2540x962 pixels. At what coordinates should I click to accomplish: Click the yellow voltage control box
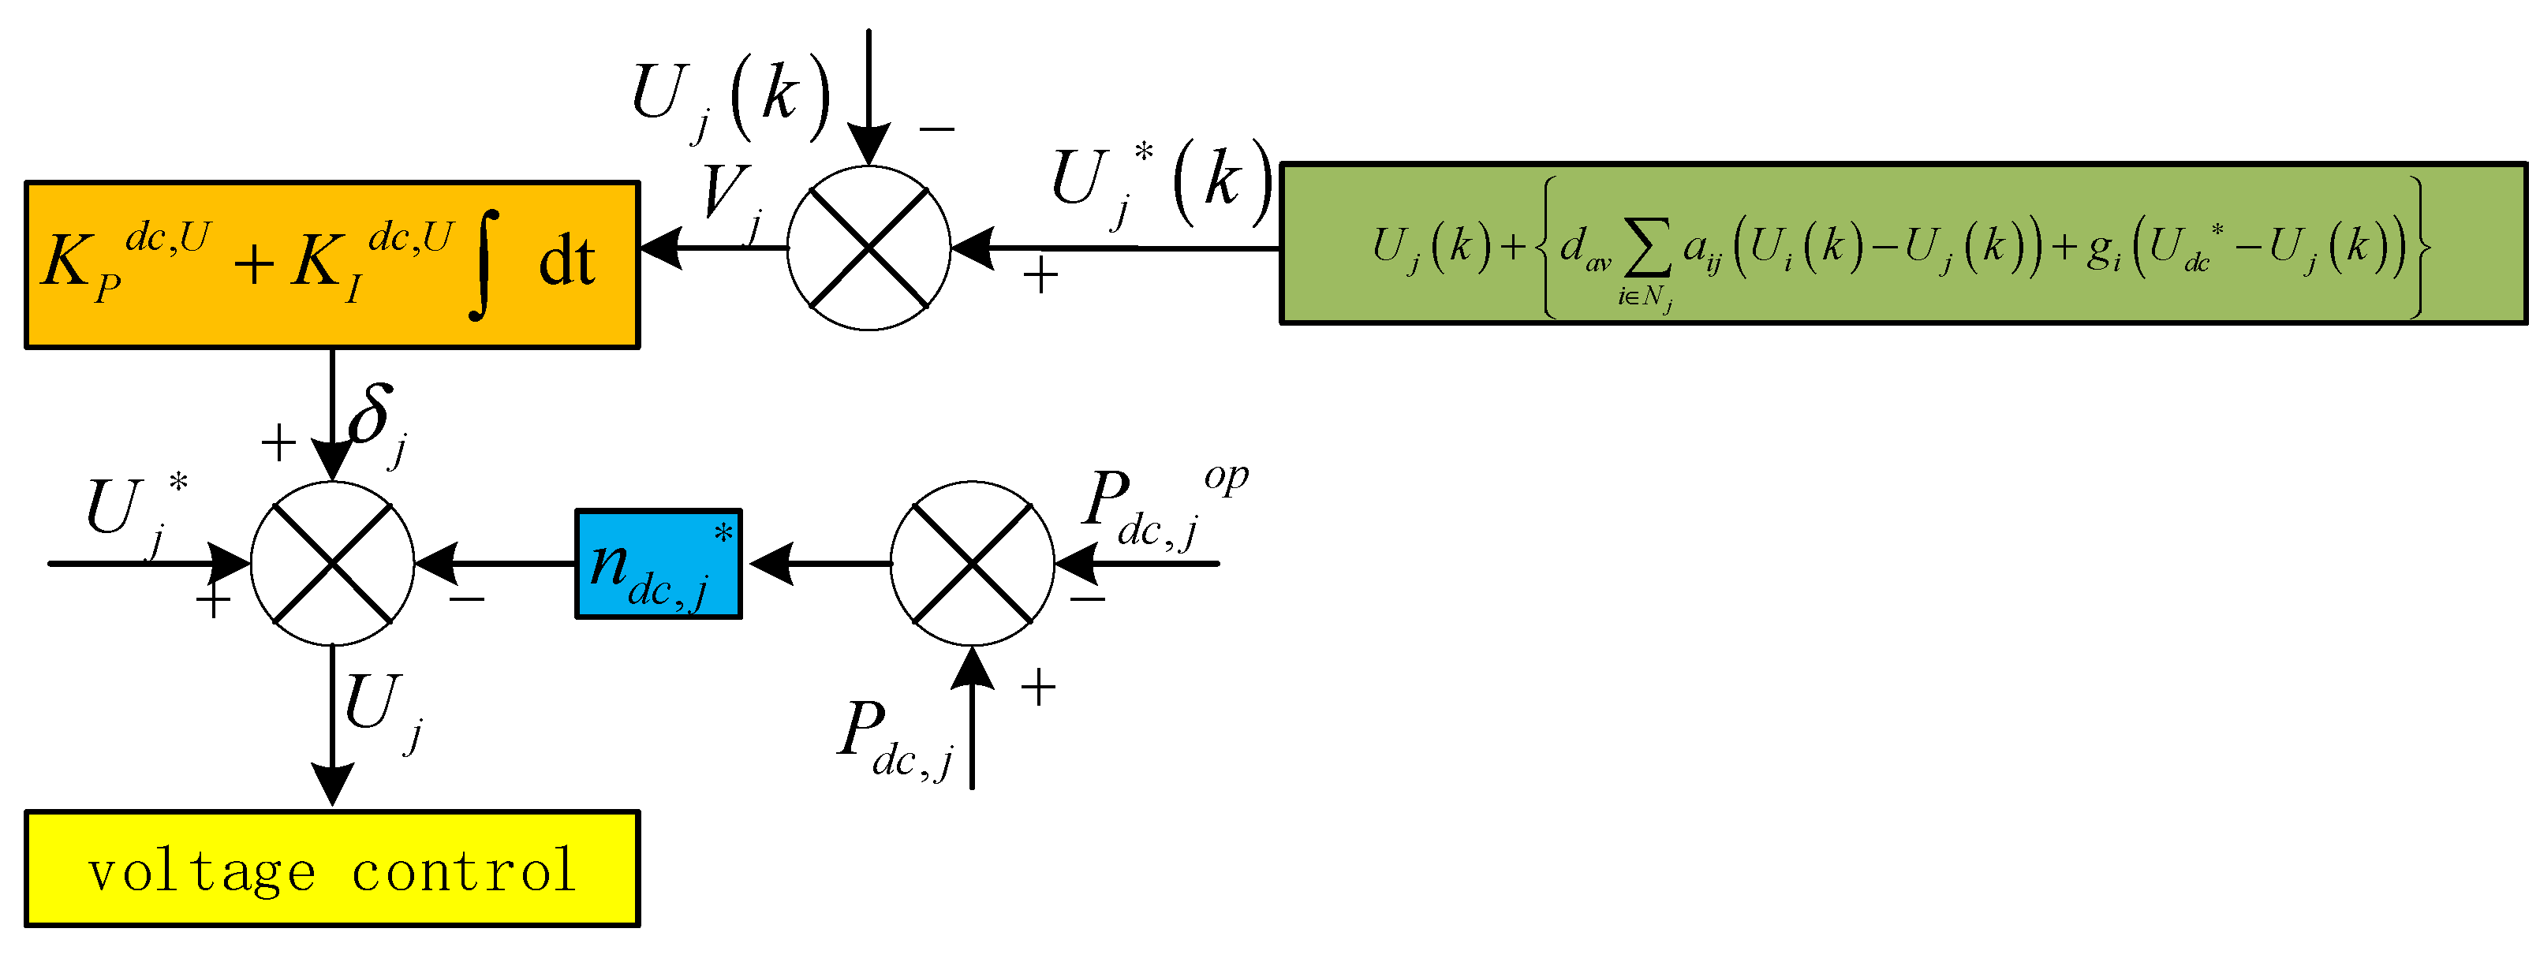pos(331,868)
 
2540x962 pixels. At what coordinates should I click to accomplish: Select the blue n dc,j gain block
pos(658,564)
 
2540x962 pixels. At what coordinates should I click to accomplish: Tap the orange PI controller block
pos(331,264)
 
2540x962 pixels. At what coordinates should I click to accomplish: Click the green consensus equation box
pos(1902,244)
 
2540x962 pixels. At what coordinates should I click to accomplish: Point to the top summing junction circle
pos(868,248)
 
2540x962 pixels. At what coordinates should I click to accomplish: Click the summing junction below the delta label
pos(332,563)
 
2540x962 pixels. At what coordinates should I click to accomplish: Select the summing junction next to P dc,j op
pos(972,564)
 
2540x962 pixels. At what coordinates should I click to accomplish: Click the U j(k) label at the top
pos(730,99)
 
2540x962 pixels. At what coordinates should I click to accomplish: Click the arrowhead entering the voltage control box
pos(332,785)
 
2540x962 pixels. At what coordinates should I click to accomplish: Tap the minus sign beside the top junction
pos(937,128)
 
